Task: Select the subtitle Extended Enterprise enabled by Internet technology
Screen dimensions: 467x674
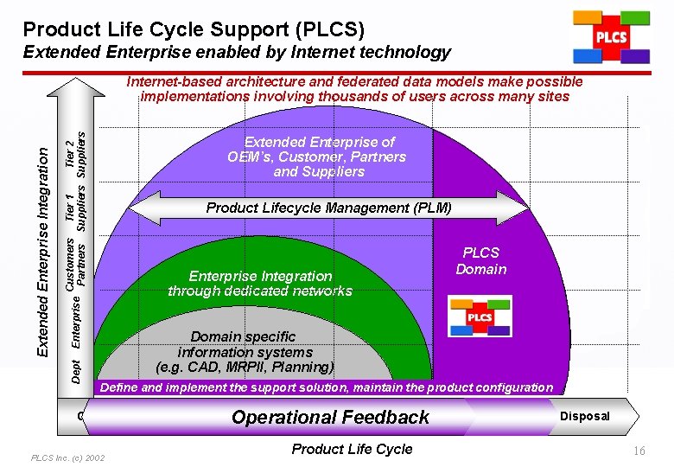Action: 237,53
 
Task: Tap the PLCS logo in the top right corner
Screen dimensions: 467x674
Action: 610,37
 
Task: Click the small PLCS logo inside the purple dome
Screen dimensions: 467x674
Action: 480,316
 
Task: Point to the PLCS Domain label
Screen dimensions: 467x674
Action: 481,261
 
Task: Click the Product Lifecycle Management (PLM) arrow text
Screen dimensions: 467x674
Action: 328,208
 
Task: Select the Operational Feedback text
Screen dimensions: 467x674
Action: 330,417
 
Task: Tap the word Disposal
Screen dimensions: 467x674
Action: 585,416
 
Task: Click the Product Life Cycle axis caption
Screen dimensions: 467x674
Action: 352,449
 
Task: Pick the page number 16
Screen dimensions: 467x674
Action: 639,451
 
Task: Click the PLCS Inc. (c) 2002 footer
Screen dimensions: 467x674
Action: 67,457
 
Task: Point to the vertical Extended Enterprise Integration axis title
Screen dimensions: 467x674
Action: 41,249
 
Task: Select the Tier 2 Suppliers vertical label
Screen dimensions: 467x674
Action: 76,149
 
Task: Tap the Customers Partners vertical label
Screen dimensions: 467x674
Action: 76,262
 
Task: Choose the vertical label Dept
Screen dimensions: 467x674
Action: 76,369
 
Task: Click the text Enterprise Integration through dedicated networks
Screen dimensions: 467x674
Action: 260,284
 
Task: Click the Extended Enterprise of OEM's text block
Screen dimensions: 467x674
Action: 318,157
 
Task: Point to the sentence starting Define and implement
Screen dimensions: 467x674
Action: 327,387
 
